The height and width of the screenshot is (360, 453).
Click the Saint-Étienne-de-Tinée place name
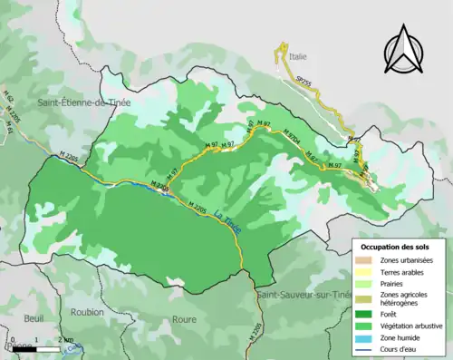tap(82, 106)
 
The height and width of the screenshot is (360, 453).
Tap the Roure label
tap(184, 319)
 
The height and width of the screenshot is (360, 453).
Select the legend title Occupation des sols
tap(396, 247)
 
